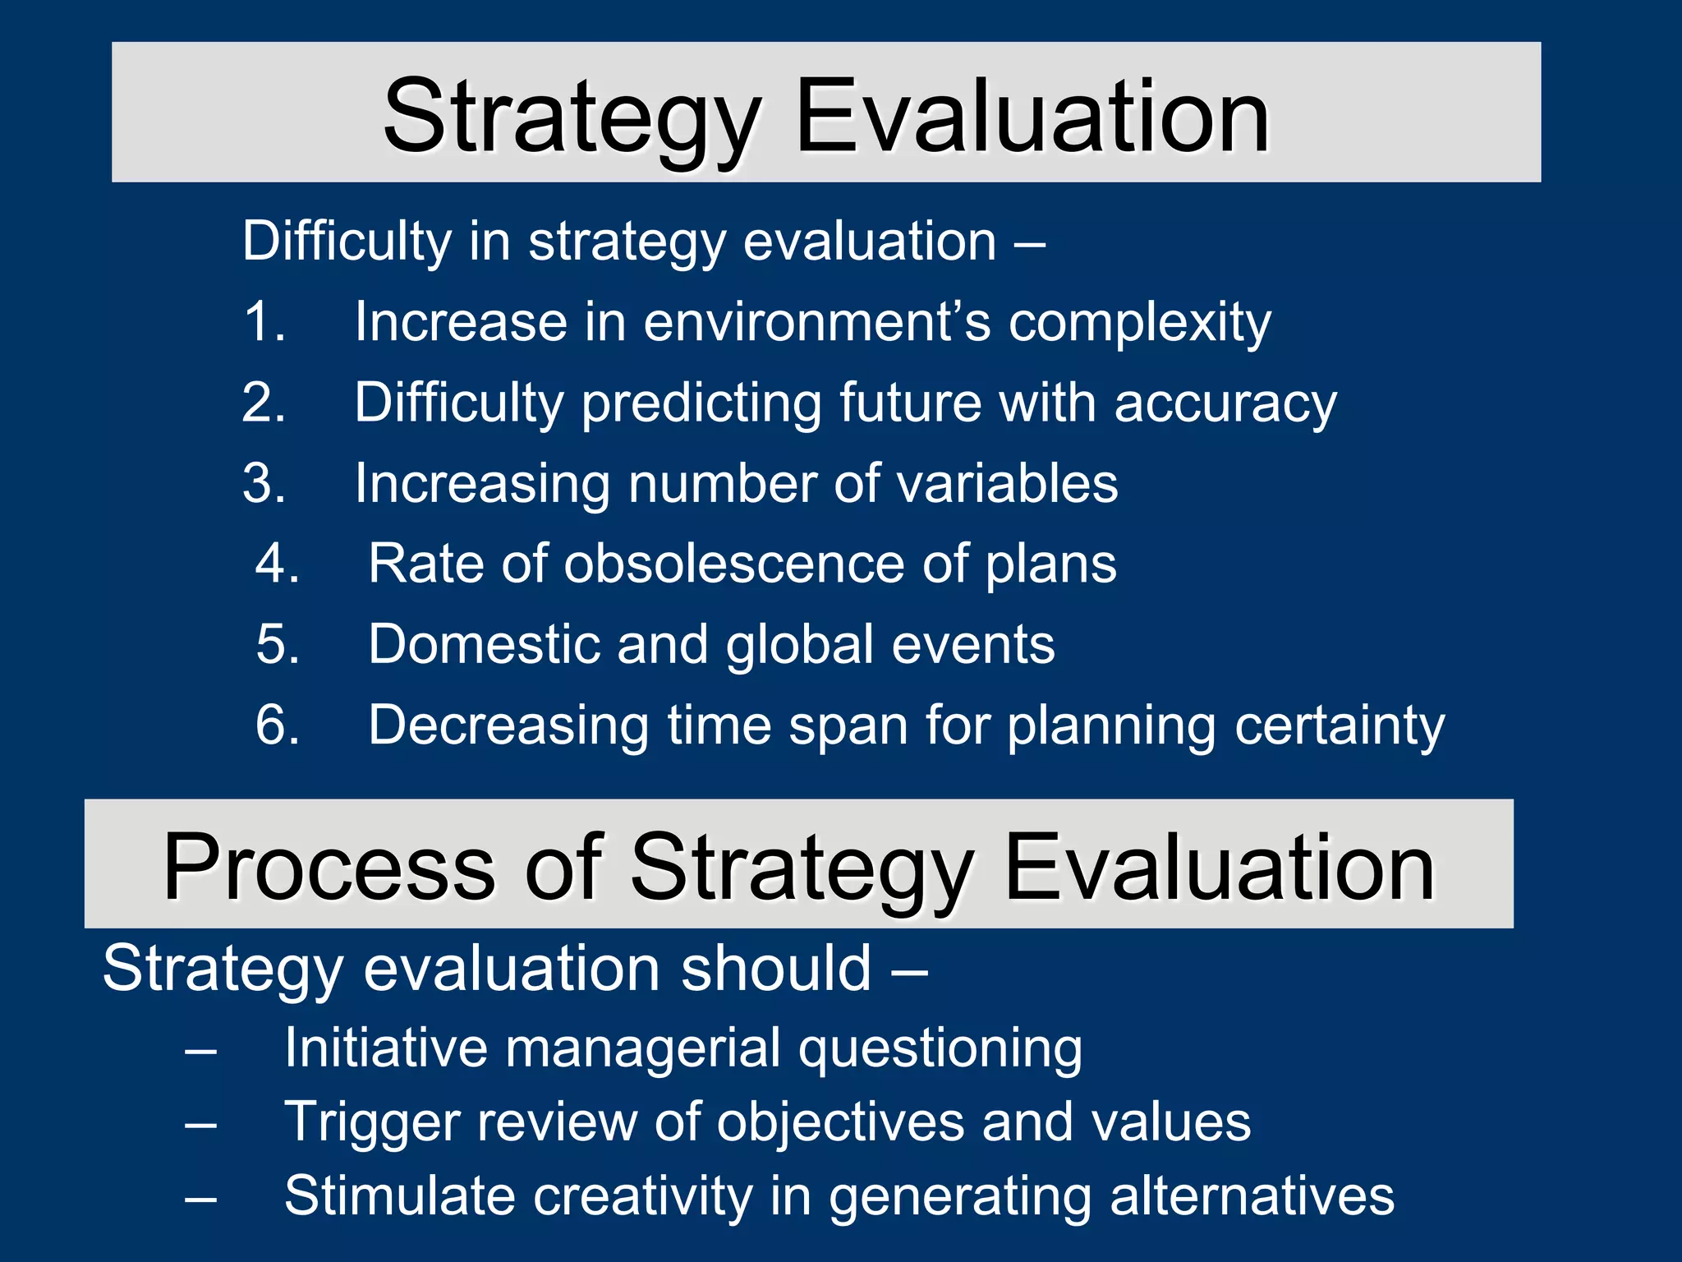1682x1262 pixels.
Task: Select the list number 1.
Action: [x=264, y=321]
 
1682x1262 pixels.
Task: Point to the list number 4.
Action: [x=277, y=564]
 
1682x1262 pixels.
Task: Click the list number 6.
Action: [x=277, y=725]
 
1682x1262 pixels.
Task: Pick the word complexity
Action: [x=1139, y=323]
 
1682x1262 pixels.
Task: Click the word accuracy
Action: [x=1225, y=403]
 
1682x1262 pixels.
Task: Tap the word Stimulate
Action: [x=400, y=1196]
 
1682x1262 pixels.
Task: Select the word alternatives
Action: [x=1252, y=1196]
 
